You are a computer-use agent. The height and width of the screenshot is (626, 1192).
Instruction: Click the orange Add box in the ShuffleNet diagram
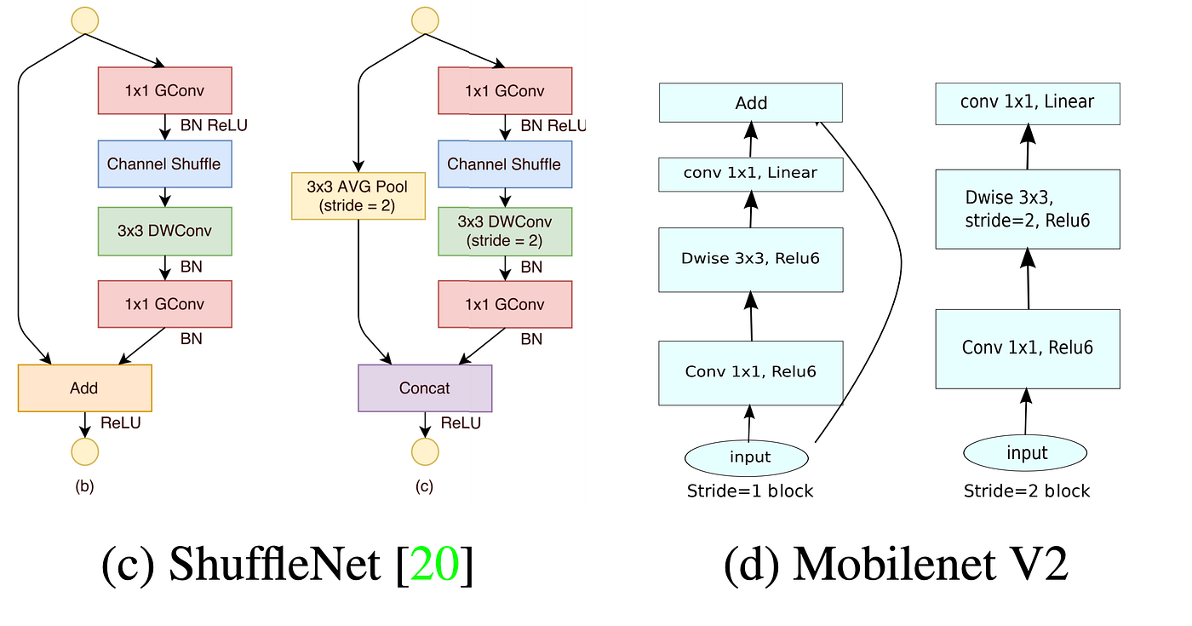[84, 388]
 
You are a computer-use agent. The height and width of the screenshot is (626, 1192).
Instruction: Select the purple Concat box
[425, 388]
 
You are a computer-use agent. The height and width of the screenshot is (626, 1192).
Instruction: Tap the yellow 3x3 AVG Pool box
[358, 196]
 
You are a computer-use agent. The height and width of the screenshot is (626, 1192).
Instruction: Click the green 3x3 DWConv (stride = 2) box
[505, 231]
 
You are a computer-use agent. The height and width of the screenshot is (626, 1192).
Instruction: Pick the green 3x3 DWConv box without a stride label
[165, 231]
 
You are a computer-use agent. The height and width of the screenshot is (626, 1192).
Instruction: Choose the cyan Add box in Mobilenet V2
[750, 103]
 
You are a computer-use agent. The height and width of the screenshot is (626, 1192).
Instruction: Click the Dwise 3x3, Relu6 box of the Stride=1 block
[750, 259]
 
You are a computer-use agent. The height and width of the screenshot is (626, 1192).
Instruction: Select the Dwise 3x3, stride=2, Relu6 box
[1027, 209]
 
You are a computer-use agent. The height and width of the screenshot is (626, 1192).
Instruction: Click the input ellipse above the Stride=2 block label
[1026, 453]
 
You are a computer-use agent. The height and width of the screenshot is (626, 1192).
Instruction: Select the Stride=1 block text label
[749, 491]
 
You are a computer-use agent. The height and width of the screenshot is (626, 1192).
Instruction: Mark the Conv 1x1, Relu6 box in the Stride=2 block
[1027, 347]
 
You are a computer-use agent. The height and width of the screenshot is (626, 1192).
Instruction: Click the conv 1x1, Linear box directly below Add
[750, 174]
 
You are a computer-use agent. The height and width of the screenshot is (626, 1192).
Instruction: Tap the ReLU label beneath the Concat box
[461, 423]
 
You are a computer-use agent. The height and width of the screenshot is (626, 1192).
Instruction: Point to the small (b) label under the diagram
[84, 487]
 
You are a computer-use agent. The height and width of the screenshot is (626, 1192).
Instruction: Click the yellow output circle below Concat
[425, 451]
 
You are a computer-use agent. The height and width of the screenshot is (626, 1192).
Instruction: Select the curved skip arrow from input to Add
[899, 273]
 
